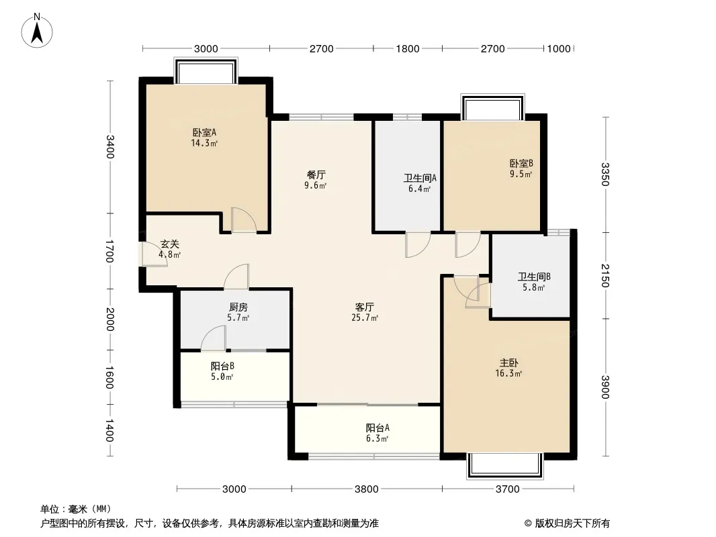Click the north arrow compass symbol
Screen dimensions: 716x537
(37, 31)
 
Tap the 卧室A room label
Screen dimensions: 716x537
(204, 132)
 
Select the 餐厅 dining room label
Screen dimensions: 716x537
(316, 175)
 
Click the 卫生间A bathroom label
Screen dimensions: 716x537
(420, 178)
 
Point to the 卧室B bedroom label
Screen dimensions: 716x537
(521, 163)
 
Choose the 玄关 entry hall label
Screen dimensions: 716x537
(169, 244)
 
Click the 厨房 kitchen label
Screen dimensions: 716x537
(238, 307)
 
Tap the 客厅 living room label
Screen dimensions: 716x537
(365, 307)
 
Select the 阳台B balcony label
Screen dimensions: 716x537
(222, 366)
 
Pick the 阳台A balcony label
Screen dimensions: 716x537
(377, 428)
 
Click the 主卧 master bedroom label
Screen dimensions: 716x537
(508, 363)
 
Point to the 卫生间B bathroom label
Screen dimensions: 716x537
(534, 277)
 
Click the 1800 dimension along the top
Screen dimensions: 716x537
(407, 49)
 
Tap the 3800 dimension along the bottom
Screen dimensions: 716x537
(366, 489)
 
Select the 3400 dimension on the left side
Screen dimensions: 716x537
(109, 147)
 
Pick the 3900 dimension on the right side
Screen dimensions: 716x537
(605, 387)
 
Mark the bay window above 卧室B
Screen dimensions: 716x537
(493, 107)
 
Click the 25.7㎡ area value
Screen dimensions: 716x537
(365, 318)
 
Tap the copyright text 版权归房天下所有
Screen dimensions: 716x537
(572, 524)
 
